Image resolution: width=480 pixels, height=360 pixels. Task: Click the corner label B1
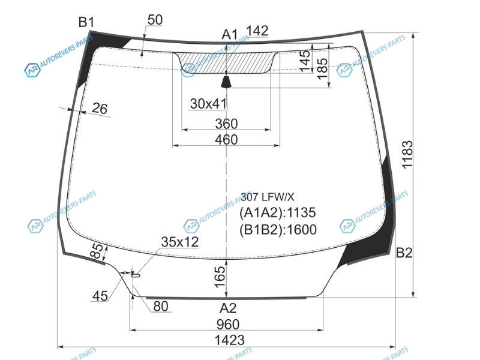pos(86,22)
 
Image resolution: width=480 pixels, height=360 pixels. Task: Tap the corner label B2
pos(404,253)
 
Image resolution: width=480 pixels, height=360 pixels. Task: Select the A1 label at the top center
pos(230,35)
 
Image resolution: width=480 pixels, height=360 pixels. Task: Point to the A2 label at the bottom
pos(228,308)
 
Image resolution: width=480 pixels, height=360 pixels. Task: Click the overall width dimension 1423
pos(230,340)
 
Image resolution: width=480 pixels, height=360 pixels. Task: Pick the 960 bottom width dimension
pos(228,325)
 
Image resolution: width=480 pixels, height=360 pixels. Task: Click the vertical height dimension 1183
pos(407,155)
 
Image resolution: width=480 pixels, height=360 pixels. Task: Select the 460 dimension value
pos(226,140)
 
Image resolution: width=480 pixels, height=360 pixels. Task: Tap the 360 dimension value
pos(226,124)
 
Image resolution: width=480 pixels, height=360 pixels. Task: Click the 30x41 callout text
pos(208,104)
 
